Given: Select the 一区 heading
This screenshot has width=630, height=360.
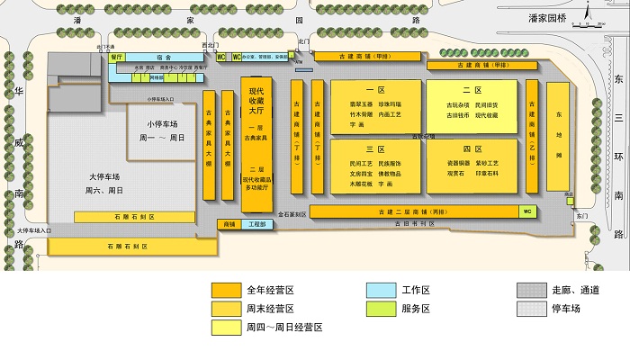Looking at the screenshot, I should coord(375,91).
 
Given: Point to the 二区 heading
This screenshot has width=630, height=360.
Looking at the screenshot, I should coord(472,91).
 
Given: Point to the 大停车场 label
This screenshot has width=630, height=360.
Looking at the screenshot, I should coord(105,176).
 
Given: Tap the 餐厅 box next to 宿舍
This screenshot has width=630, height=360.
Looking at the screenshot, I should coord(116,56).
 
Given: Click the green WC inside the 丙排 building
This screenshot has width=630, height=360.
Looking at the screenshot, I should coord(527,211).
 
